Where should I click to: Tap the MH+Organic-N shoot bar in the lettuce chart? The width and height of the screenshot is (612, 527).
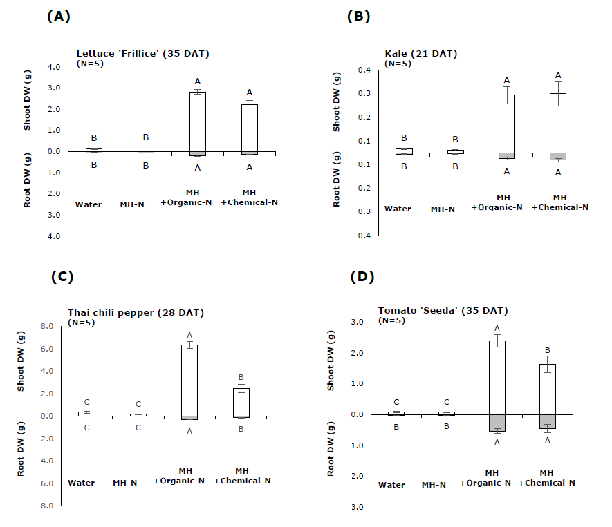pos(197,122)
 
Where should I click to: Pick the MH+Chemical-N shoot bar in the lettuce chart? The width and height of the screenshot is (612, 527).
pos(250,128)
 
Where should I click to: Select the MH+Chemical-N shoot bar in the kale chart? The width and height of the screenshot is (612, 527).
pos(558,123)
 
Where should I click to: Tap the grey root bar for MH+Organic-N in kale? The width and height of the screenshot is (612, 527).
pos(507,156)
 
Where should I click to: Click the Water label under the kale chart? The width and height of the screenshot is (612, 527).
pos(398,209)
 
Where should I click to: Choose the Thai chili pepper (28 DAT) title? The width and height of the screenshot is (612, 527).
pos(136,313)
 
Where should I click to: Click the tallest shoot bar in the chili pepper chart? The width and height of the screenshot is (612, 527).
pos(189,380)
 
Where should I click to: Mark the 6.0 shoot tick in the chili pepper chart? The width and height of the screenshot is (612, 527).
pos(46,349)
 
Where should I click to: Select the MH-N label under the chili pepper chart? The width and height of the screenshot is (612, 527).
pos(124,482)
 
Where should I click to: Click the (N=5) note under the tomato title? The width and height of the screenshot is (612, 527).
pos(392,320)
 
